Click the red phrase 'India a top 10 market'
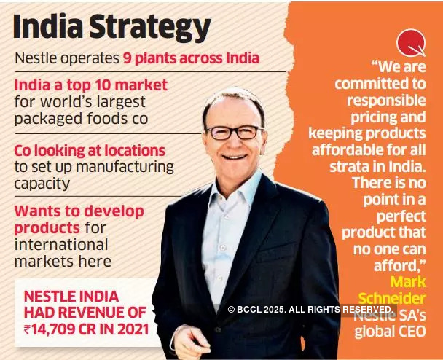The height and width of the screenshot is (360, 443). click(x=91, y=85)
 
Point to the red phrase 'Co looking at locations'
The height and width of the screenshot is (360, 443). click(x=90, y=150)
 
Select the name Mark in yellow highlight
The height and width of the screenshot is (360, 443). click(x=407, y=281)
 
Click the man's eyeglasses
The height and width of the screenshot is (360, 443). click(x=234, y=132)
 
